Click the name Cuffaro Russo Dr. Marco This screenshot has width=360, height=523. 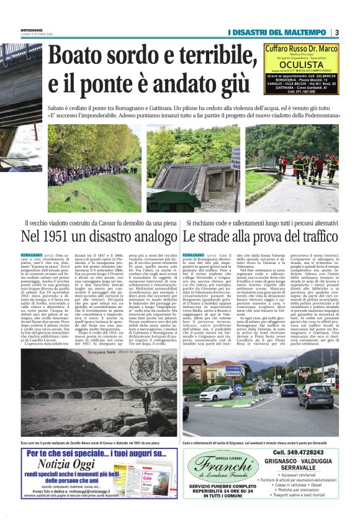tap(301, 48)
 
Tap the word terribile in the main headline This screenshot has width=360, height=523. tap(212, 57)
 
